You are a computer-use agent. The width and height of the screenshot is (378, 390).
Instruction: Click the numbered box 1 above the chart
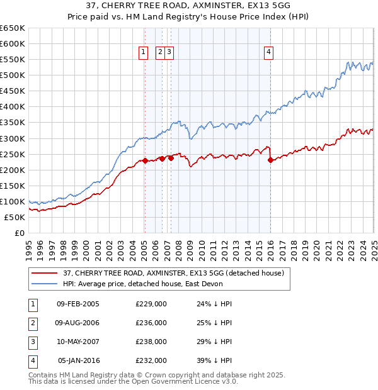pos(144,52)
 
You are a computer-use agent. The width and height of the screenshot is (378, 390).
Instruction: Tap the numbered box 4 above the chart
pos(268,52)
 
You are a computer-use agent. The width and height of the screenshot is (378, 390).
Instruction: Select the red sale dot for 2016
pos(270,160)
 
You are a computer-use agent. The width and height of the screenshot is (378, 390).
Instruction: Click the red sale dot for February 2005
pos(145,160)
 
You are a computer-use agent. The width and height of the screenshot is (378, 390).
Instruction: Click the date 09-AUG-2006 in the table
pos(78,323)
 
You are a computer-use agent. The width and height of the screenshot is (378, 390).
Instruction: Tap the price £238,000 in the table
pos(151,342)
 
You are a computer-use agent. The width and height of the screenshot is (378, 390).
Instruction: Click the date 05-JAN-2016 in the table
pos(78,360)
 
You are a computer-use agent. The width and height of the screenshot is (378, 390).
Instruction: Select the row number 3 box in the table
pos(33,342)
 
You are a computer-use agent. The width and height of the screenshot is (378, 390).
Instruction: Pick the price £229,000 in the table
pos(151,304)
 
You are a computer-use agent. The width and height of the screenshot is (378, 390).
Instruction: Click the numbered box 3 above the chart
pos(170,52)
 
